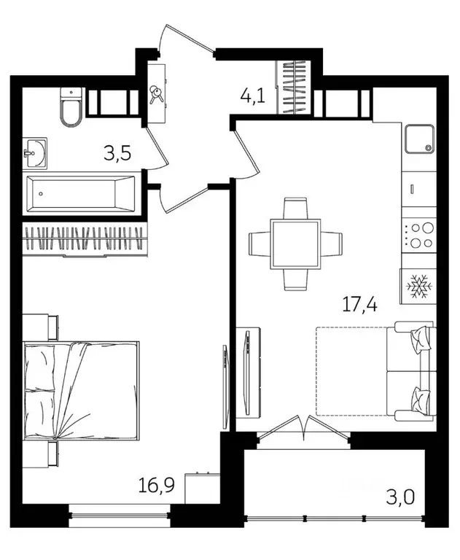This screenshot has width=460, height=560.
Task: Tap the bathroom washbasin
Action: (x=35, y=153)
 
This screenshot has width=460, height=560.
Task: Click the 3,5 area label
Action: (x=117, y=153)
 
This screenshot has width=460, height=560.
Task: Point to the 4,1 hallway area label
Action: (x=253, y=96)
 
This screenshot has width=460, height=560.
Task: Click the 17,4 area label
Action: (x=359, y=305)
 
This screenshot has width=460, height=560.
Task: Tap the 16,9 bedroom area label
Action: (x=157, y=486)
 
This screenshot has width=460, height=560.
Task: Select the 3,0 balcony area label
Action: (x=400, y=497)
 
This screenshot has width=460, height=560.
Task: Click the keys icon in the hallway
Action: (x=156, y=94)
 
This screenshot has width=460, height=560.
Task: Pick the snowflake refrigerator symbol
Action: (x=419, y=287)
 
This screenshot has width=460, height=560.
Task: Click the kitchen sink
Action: (x=419, y=139)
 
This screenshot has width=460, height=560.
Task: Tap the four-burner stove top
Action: (x=419, y=235)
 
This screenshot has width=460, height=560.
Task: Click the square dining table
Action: (x=295, y=244)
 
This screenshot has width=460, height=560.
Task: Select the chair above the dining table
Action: (x=295, y=209)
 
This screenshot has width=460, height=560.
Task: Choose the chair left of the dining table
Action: (x=260, y=244)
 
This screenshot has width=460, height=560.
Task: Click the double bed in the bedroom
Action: (x=81, y=390)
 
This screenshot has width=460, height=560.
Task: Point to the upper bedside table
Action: (x=40, y=327)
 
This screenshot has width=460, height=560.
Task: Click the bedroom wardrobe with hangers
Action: (x=85, y=239)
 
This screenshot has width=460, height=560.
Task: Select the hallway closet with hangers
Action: (x=294, y=87)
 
